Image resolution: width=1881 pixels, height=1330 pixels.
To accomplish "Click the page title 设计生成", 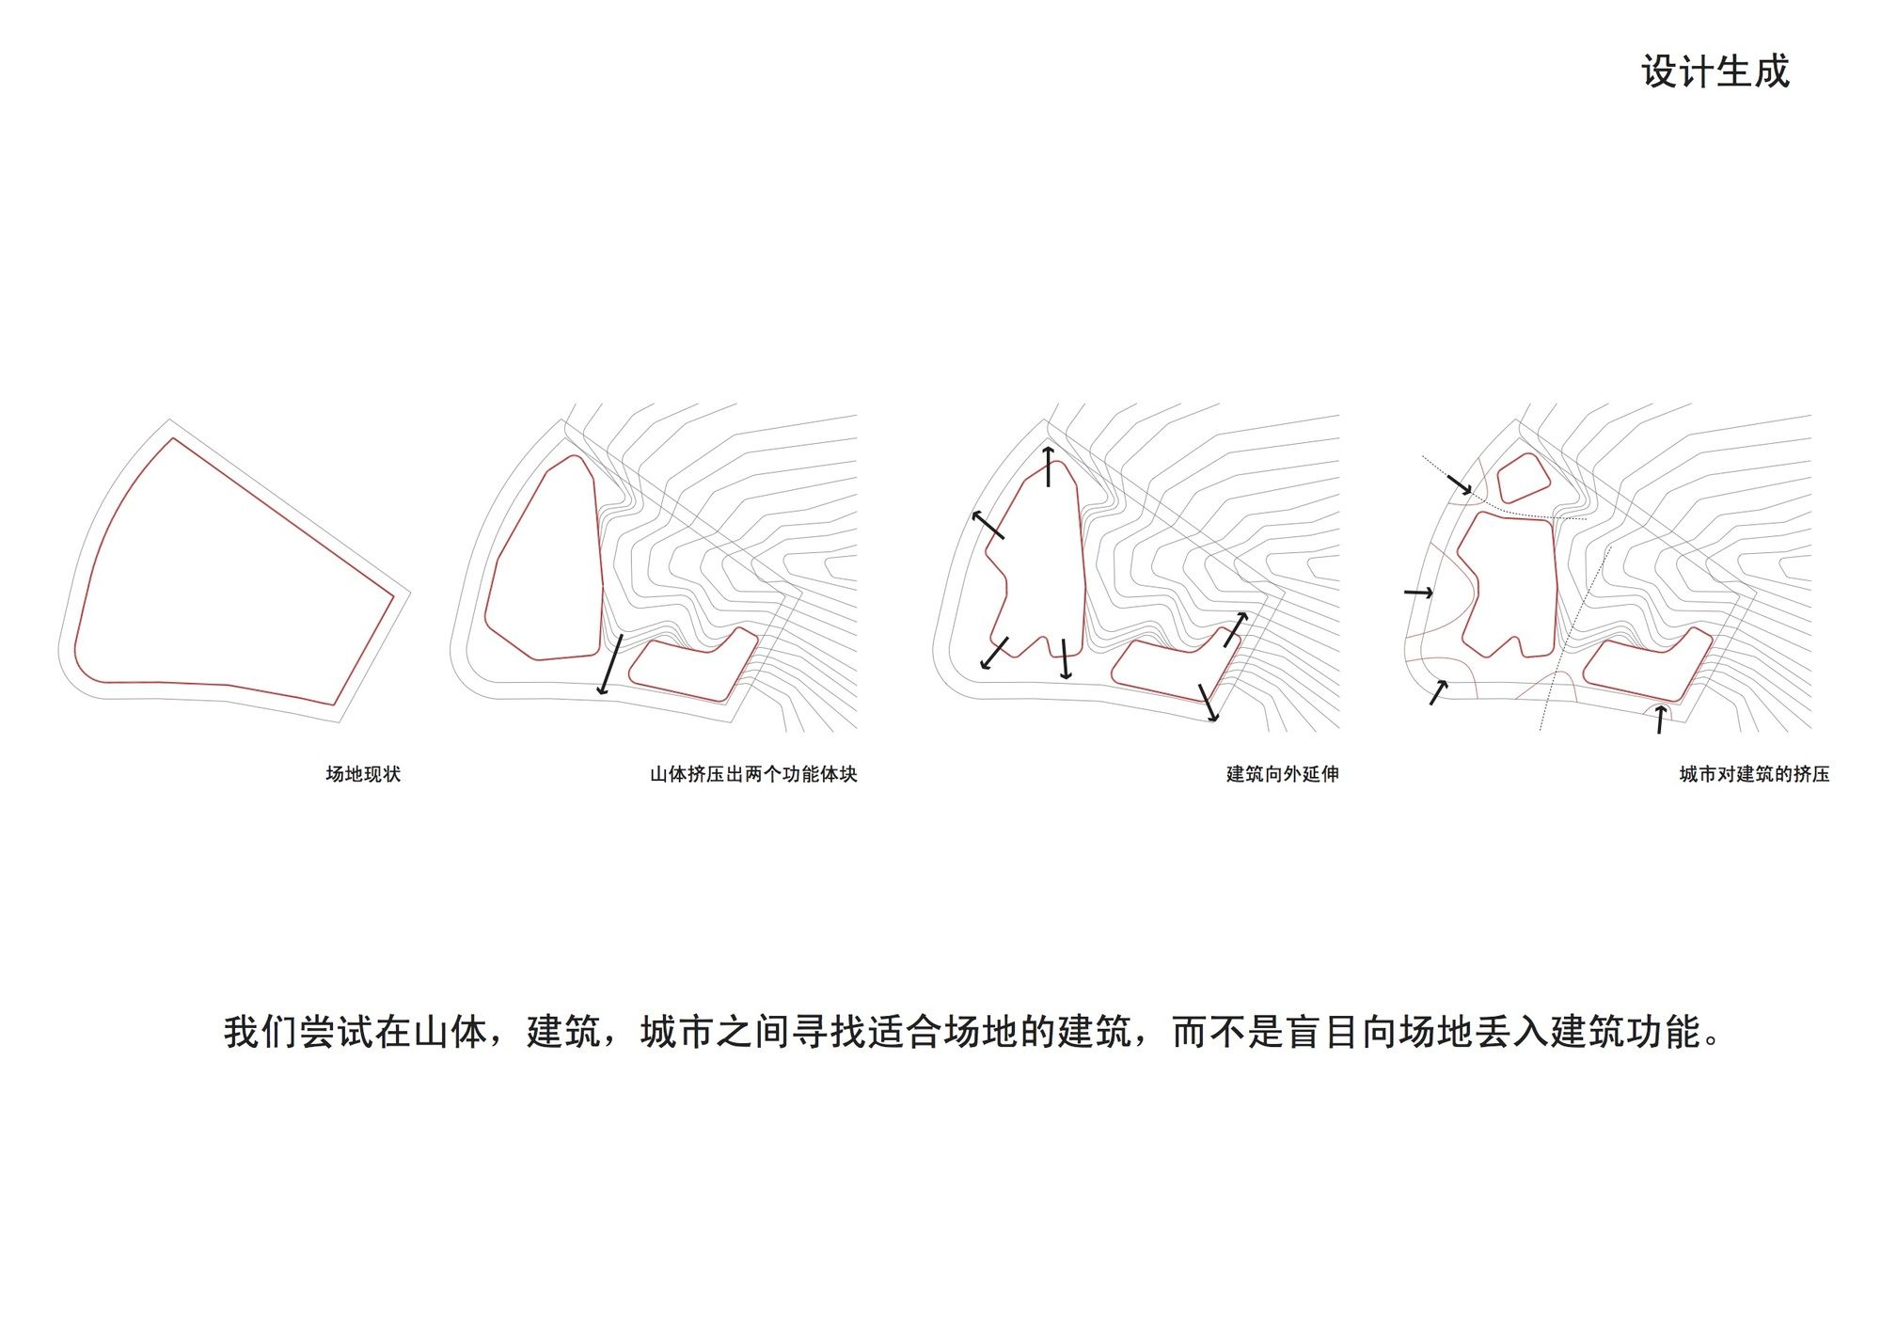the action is coord(1715,71).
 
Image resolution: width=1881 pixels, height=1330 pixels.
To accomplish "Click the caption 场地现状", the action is coord(363,774).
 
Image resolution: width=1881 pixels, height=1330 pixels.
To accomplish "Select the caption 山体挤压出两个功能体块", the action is coord(753,774).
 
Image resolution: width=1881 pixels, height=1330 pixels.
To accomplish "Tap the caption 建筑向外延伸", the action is coord(1282,774).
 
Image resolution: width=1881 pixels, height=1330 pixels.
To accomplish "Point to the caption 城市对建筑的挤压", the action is coord(1754,774).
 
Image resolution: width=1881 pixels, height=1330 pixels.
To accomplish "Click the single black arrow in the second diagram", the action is coord(610,665).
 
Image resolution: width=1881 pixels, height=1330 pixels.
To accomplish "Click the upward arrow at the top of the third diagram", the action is coord(1048,467).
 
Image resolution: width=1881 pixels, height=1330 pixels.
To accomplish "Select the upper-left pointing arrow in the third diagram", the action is coord(988,524).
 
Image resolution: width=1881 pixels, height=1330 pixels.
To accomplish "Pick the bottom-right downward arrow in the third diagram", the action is coord(1209,703).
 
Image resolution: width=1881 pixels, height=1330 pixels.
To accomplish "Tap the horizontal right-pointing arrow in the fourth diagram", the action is coord(1418,593).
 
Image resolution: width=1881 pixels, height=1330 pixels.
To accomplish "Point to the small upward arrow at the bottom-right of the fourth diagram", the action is coord(1661,719).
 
